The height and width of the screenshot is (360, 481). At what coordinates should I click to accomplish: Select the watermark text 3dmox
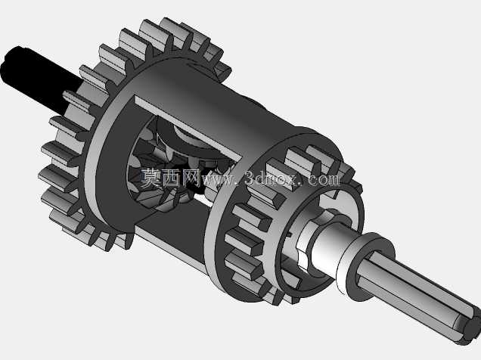[271, 178]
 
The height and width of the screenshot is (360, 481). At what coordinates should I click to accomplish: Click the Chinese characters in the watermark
[171, 177]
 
